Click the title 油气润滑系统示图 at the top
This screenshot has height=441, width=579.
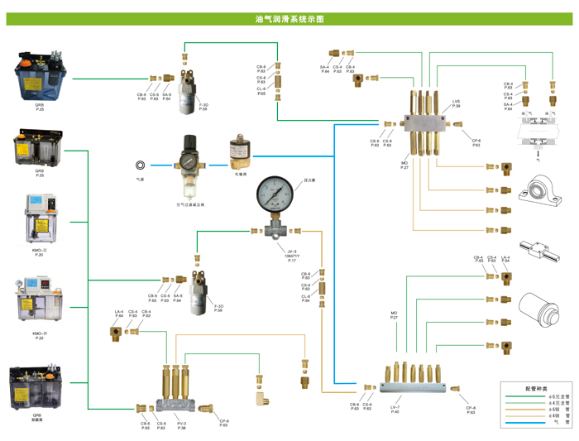point(289,17)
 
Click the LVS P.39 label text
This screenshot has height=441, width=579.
point(456,103)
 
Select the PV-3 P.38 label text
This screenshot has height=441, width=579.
point(181,425)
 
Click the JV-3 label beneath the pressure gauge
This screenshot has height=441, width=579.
point(290,253)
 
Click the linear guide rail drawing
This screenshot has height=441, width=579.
point(536,250)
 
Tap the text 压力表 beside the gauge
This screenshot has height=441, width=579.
point(310,180)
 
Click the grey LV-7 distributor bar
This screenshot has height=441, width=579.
point(414,386)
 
